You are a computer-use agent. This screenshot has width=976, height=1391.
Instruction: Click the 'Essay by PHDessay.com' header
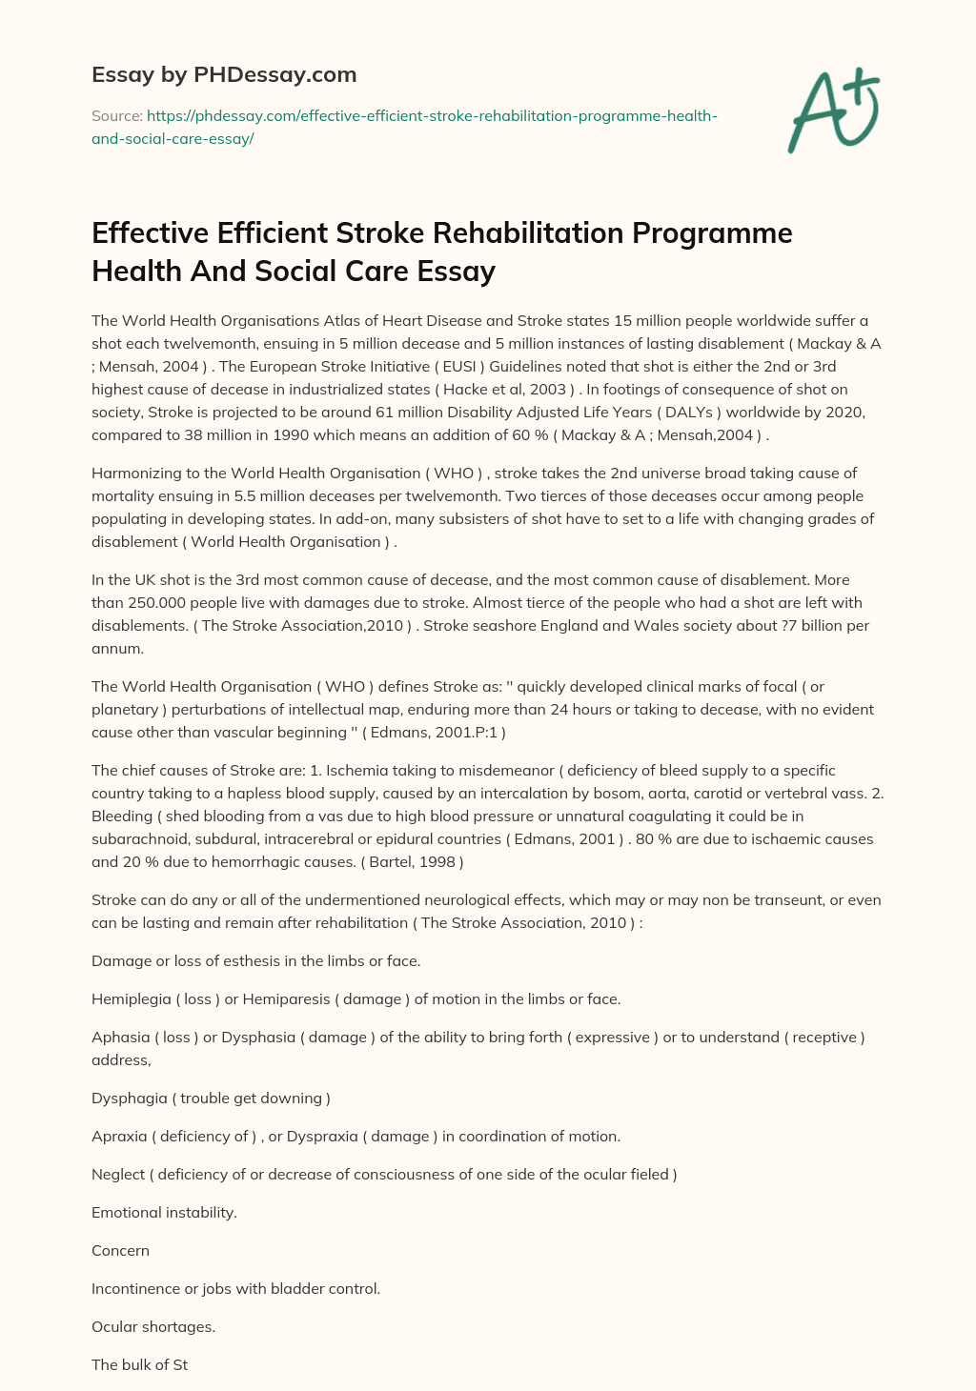click(x=224, y=73)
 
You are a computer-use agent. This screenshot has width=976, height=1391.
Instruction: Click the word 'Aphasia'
click(x=119, y=1037)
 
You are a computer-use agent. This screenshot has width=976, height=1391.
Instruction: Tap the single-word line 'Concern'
click(x=120, y=1250)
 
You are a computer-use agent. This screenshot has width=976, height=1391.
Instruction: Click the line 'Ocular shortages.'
click(x=151, y=1326)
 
